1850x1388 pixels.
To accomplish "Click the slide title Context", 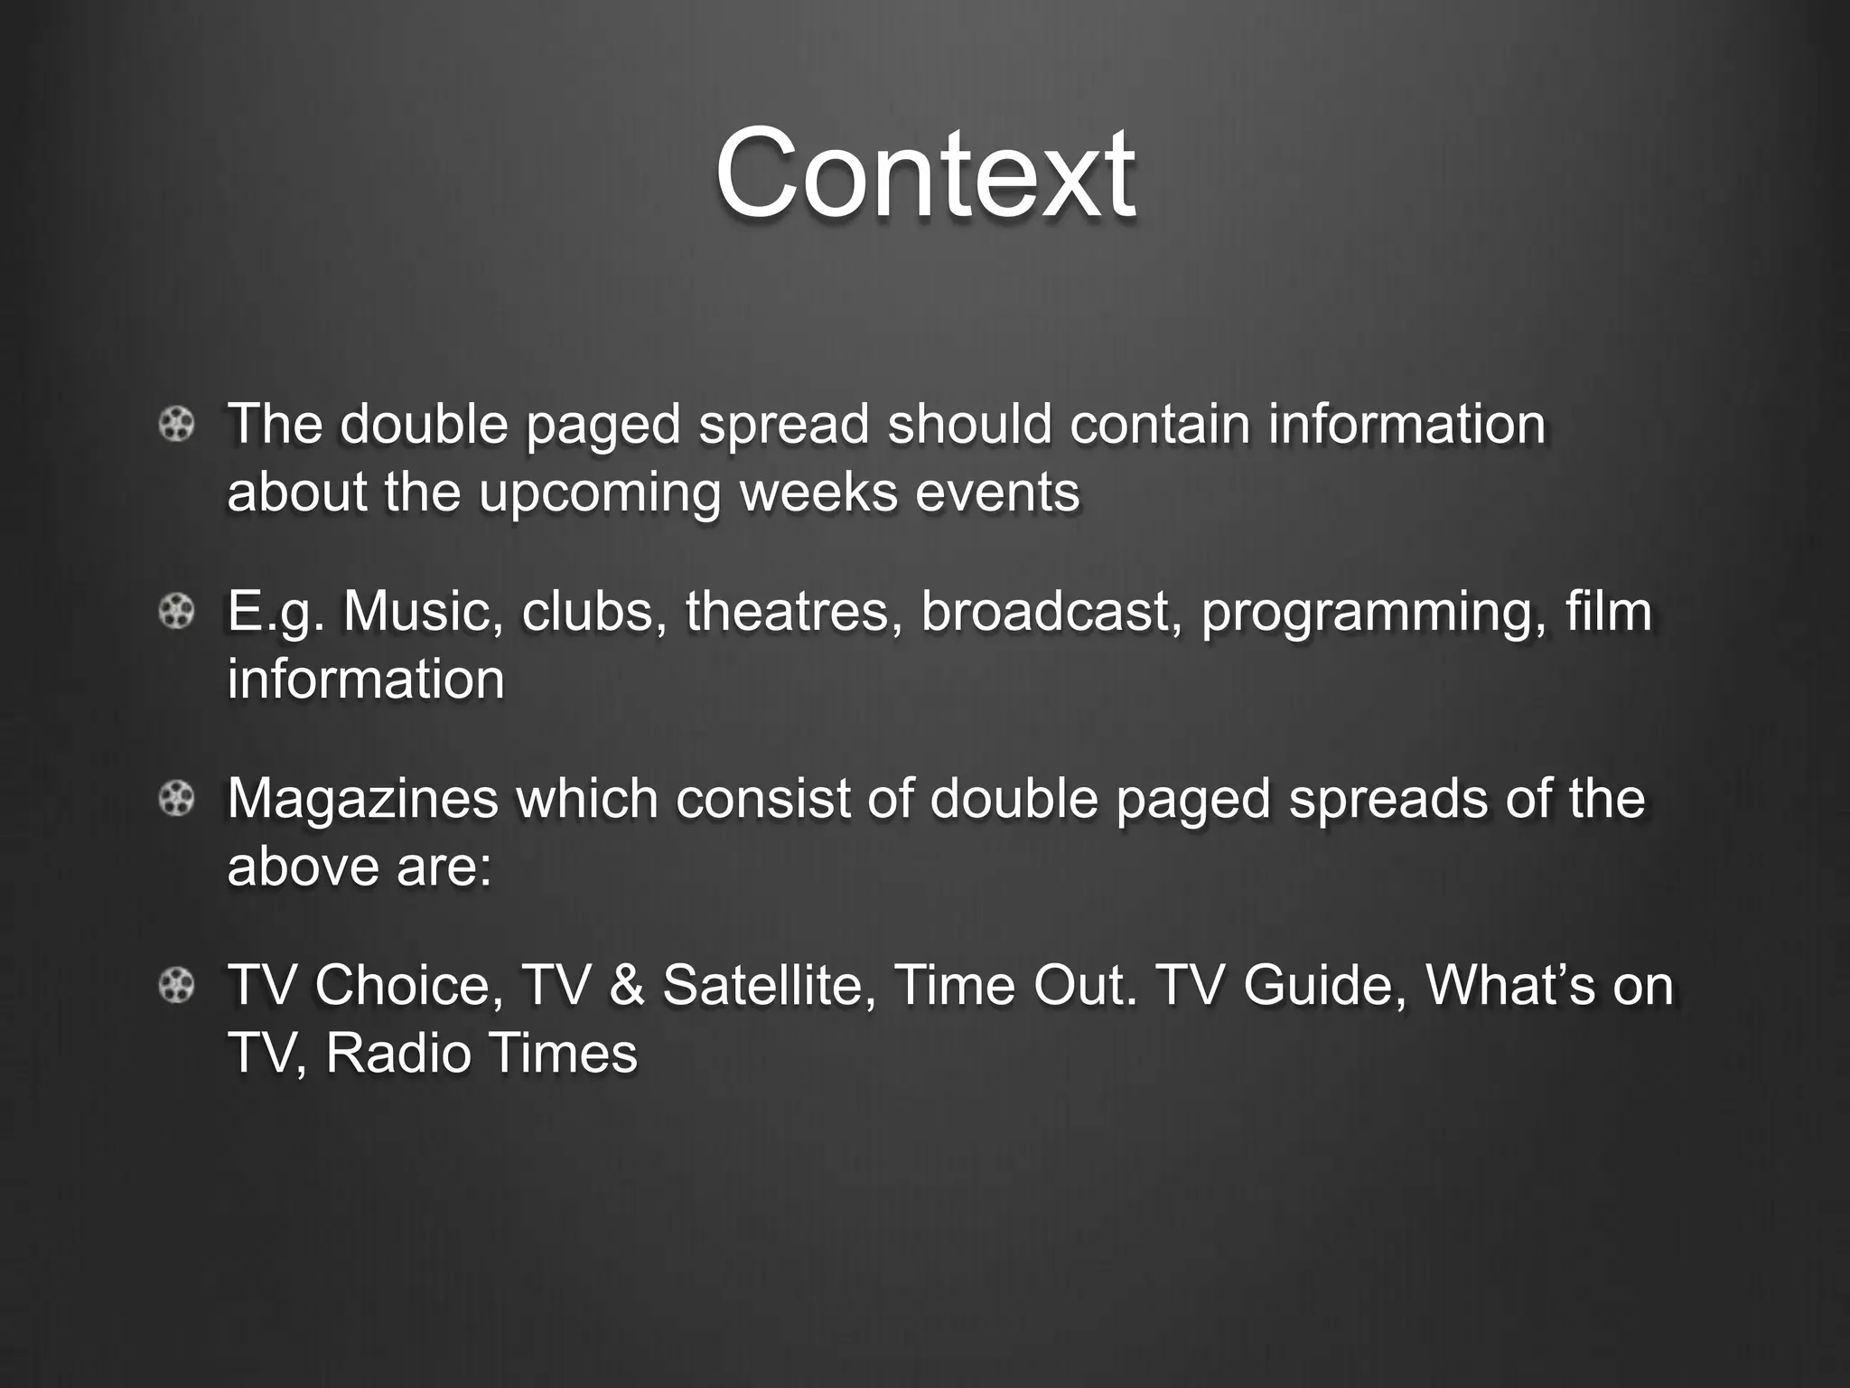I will pos(924,173).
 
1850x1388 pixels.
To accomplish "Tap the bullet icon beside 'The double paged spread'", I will pos(177,424).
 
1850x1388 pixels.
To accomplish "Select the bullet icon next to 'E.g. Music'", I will pos(177,613).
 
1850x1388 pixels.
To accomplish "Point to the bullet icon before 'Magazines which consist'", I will pos(177,799).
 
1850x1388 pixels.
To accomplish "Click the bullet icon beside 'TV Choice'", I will pos(177,985).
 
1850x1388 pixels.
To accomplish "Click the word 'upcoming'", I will pos(599,493).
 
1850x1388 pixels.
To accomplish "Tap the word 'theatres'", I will pos(794,611).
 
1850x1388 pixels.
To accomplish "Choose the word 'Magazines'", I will pos(362,799).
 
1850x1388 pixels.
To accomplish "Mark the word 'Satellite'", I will pos(770,985).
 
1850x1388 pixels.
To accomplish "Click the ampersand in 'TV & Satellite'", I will pos(627,985).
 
